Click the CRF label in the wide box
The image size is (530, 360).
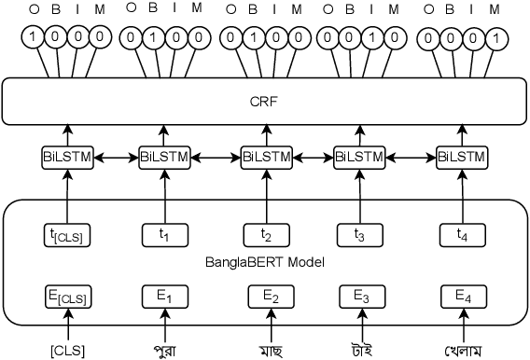(x=265, y=100)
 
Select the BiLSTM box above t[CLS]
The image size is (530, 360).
(x=67, y=157)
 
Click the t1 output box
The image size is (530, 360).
(x=165, y=236)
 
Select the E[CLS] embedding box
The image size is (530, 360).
(x=67, y=298)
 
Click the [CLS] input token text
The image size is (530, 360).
(x=67, y=350)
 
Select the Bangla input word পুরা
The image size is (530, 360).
(x=166, y=350)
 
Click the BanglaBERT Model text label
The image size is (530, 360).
(x=264, y=263)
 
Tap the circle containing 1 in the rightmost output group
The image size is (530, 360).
(x=497, y=39)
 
